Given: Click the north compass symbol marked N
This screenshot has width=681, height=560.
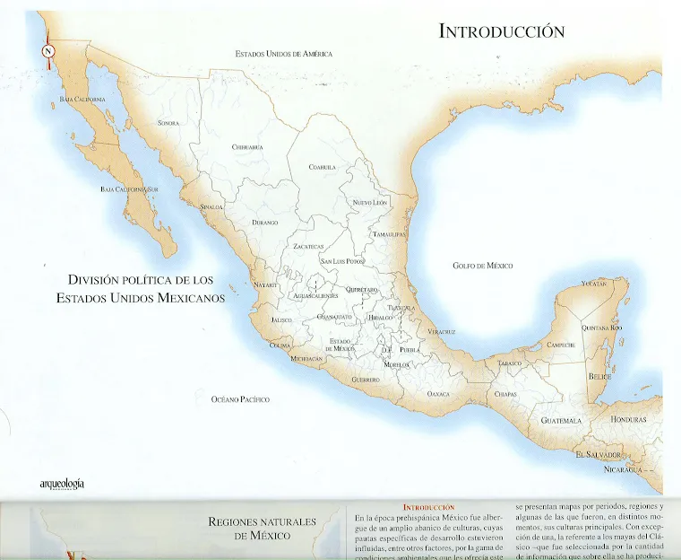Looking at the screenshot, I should click(47, 51).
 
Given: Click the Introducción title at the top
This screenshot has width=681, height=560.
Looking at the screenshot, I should click(501, 31).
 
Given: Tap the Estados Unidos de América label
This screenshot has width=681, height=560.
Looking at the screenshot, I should click(283, 54).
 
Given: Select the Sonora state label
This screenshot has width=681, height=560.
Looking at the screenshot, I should click(168, 123).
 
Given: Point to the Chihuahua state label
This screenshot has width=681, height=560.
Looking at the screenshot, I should click(247, 146).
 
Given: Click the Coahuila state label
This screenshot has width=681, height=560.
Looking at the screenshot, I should click(322, 167).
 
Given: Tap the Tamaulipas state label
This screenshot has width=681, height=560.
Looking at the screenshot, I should click(390, 233).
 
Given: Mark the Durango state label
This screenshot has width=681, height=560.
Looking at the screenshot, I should click(264, 222).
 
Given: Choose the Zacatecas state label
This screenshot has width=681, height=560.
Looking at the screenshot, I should click(308, 245).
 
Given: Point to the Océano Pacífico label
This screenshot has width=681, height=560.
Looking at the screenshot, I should click(239, 398).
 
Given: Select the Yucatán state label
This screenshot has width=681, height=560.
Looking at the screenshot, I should click(594, 284).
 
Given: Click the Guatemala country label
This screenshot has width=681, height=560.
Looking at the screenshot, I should click(561, 420).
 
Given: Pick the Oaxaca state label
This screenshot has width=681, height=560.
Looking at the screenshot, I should click(439, 394).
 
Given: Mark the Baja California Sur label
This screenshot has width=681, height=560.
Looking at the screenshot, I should click(129, 189).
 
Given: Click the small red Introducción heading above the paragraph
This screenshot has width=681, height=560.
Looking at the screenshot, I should click(428, 508).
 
